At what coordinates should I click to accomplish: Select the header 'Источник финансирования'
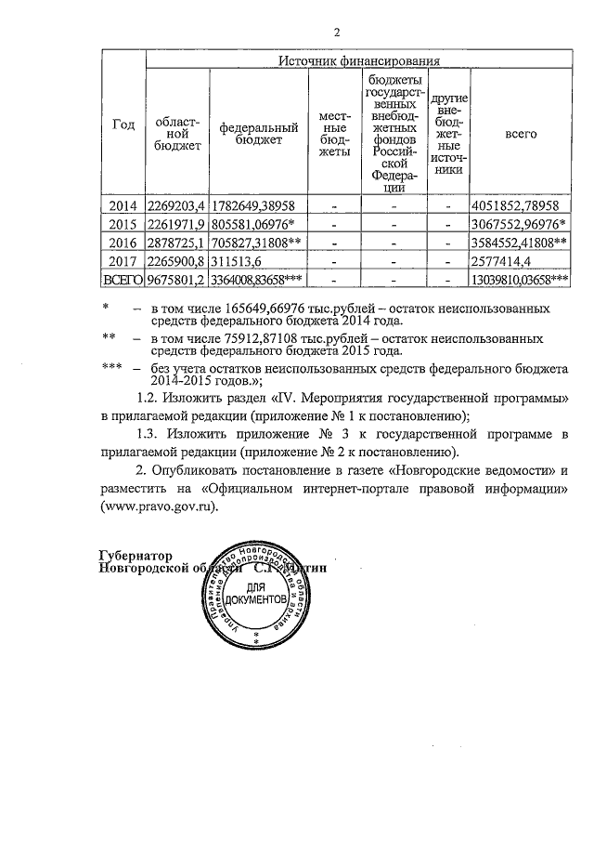pos(358,61)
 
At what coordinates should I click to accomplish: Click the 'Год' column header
pos(123,125)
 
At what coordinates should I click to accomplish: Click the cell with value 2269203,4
pos(175,206)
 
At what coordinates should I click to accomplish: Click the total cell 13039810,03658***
pos(520,281)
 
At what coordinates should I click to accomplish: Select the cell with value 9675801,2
pos(175,281)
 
